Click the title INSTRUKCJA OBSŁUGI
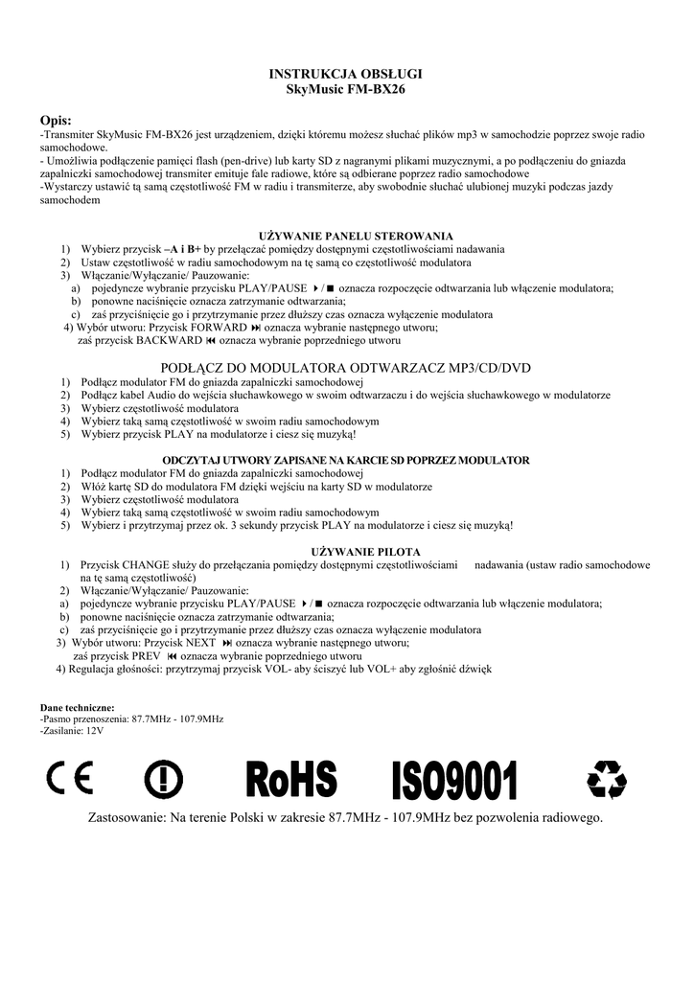[346, 74]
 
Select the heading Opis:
[57, 119]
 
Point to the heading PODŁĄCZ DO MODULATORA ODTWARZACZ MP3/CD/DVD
[347, 368]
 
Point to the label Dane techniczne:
[78, 707]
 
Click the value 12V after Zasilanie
[94, 730]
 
